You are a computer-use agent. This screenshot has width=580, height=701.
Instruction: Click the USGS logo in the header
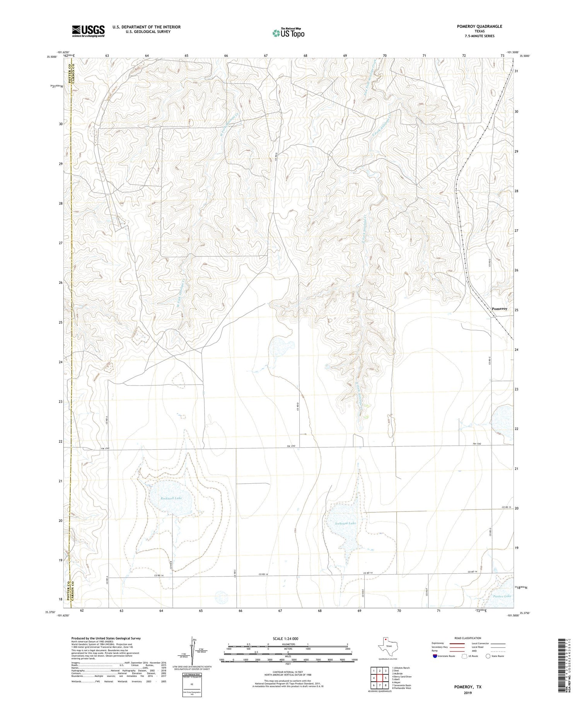[88, 31]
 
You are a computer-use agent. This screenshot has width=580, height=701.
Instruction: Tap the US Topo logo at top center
[288, 33]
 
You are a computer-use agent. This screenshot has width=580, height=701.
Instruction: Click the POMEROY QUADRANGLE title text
[479, 26]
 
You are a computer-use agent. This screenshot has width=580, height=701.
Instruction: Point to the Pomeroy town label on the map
[499, 309]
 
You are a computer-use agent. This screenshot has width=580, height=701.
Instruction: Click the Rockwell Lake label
[171, 498]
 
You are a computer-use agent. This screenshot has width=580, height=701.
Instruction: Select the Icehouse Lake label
[345, 523]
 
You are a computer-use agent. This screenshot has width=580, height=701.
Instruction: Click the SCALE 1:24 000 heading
[288, 638]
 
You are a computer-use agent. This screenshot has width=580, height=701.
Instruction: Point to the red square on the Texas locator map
[385, 639]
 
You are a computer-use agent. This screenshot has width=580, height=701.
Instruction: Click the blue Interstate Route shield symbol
[435, 656]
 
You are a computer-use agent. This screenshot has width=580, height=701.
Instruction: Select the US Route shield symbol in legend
[464, 656]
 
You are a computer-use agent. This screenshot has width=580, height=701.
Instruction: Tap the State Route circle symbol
[488, 656]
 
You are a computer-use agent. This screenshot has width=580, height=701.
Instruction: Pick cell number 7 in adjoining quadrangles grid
[380, 686]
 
